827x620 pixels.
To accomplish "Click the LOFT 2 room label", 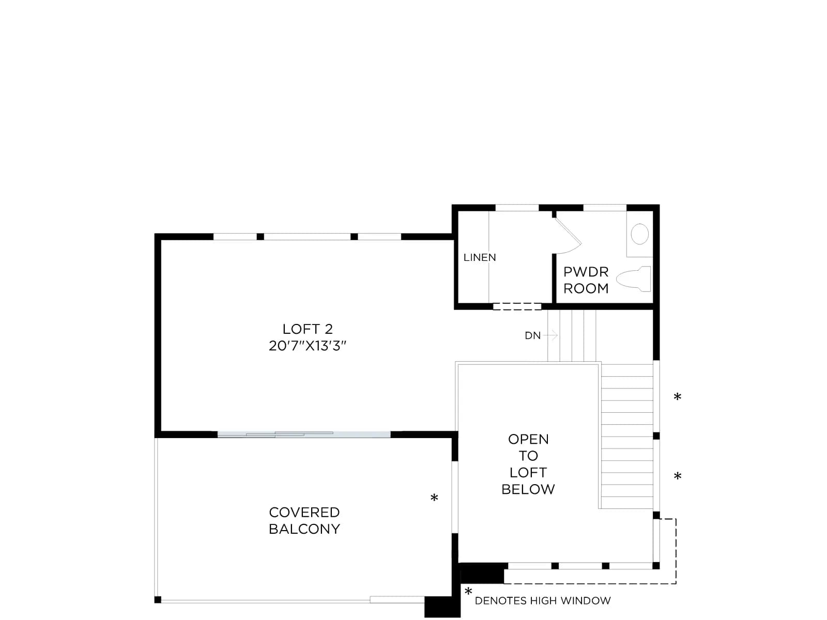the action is tap(308, 329).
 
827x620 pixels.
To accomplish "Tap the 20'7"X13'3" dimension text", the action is tap(308, 346).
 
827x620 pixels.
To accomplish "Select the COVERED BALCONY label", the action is tap(304, 521).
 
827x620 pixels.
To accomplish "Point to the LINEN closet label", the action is tap(480, 257).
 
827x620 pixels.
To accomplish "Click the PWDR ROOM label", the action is tap(586, 280).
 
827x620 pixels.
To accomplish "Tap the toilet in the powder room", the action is tap(634, 279).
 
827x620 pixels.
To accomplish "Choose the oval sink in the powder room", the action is tap(640, 234).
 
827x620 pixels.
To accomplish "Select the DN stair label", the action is tap(533, 335).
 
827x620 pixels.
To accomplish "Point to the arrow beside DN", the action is tap(550, 335).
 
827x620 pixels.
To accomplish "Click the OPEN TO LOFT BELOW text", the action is tap(528, 464).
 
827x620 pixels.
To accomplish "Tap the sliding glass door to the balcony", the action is tap(304, 435).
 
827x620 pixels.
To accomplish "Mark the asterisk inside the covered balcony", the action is tap(434, 498).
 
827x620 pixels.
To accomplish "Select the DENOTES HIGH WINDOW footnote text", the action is tap(543, 601).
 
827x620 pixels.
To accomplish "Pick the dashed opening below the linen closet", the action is tap(517, 306).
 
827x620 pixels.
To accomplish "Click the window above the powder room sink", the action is tap(605, 208).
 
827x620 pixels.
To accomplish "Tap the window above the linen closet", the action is tap(517, 208).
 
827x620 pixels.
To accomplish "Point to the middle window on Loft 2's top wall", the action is tap(307, 237).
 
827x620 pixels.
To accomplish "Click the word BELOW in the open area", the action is tap(528, 489).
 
